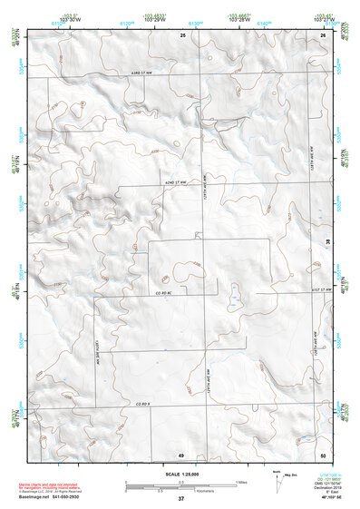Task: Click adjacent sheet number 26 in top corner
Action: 323,34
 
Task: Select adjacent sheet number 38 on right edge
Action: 327,240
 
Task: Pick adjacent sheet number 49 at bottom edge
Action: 180,454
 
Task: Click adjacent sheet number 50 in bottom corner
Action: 323,454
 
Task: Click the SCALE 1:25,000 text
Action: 180,474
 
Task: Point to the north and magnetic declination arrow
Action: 277,479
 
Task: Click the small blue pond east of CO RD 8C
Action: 234,297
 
